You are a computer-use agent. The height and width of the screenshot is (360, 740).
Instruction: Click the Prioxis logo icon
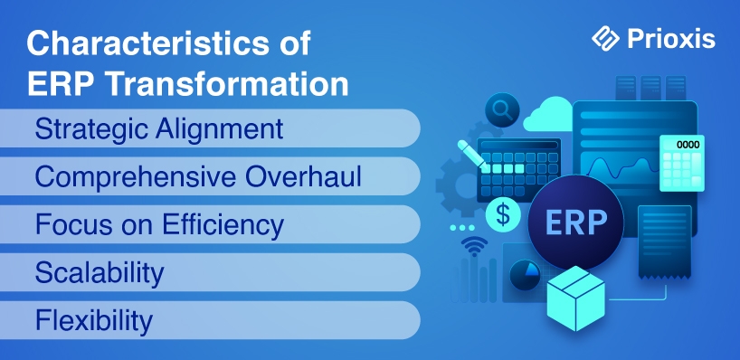tap(605, 38)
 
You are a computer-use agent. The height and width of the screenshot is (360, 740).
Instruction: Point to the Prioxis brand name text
tap(671, 39)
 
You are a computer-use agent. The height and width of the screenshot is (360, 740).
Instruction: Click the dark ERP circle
tap(575, 223)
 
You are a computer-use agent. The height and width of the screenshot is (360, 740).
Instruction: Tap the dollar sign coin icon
tap(503, 214)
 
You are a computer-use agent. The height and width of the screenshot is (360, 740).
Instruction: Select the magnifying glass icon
tap(502, 110)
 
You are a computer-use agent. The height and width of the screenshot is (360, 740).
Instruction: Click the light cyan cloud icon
tap(549, 114)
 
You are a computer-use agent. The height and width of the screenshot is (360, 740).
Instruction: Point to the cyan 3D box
tap(575, 298)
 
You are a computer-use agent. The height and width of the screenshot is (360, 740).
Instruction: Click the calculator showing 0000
tap(682, 163)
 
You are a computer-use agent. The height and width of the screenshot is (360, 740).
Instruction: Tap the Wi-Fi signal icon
tap(474, 245)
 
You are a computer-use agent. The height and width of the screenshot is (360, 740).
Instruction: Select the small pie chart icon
tap(525, 275)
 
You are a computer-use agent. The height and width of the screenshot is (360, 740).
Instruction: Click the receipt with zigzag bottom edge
tap(665, 242)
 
